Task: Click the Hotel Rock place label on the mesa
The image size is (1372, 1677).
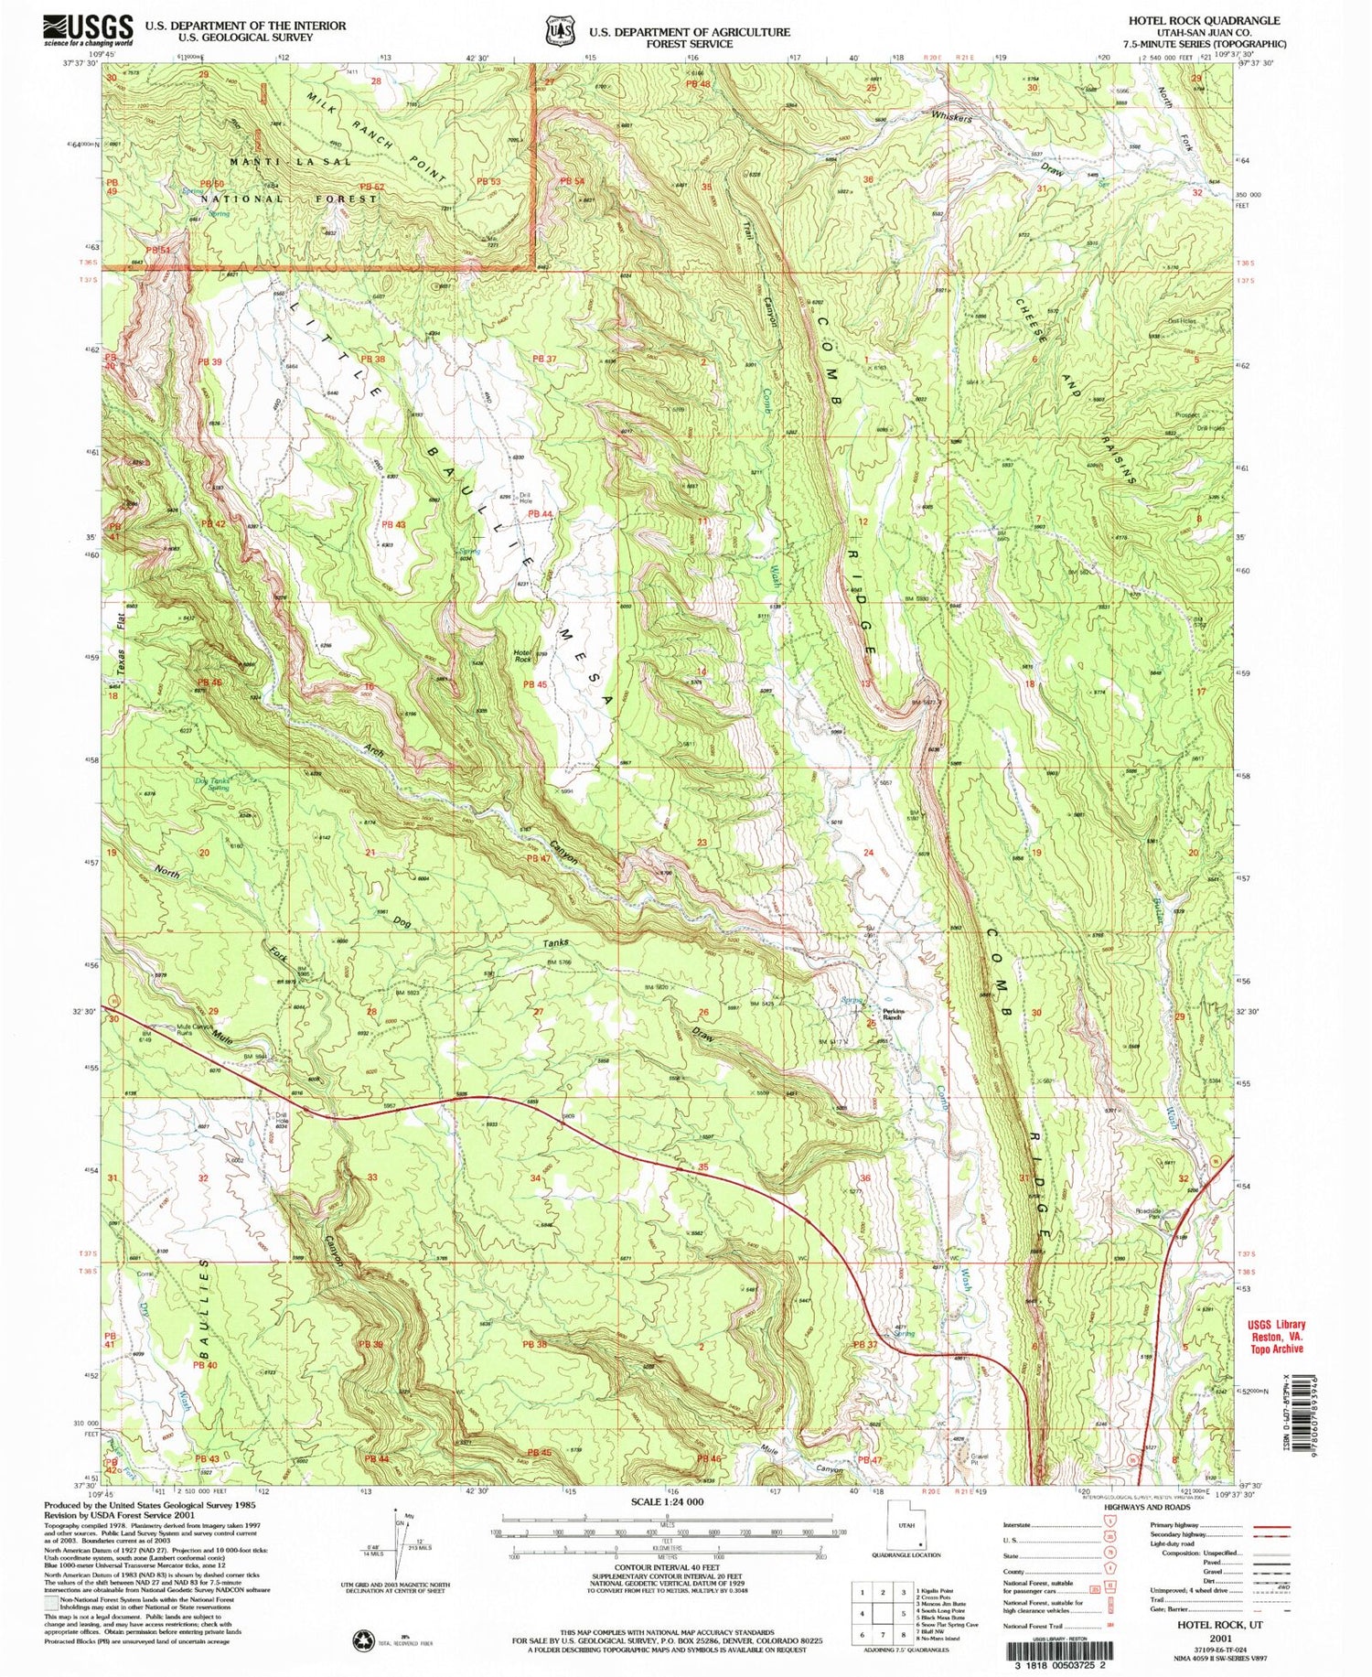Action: (x=522, y=654)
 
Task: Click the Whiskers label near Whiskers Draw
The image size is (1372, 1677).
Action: (x=951, y=118)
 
